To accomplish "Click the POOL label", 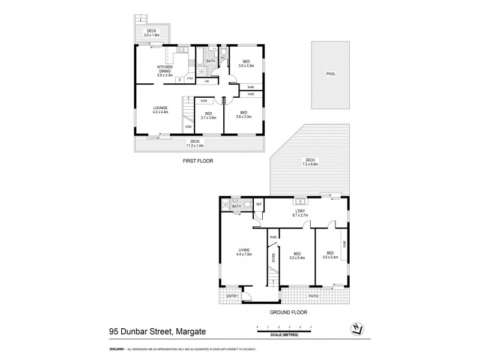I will coord(330,74).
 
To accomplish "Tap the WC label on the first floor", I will coord(222,58).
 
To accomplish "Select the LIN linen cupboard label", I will coord(207,81).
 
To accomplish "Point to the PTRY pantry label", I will coord(190,78).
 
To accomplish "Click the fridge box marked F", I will coord(179,79).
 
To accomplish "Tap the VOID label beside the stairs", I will coord(188,127).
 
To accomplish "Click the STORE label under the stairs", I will coord(274,259).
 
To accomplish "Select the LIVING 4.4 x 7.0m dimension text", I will coord(243,253).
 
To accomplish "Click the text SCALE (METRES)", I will coord(284,334).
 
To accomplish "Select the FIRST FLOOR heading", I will coord(197,161).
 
